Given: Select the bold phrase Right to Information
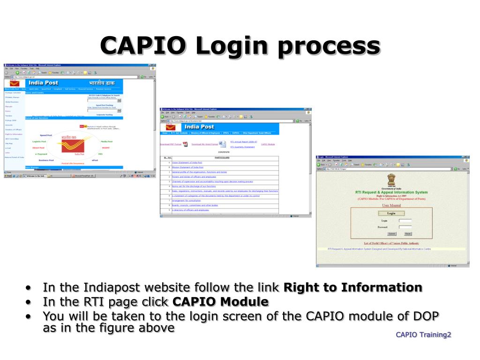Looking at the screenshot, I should point(353,287).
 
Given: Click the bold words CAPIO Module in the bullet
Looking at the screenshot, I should point(221,301).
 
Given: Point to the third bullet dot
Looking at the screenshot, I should point(29,316).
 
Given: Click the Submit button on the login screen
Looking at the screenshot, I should point(392,233).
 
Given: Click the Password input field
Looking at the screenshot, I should point(405,227).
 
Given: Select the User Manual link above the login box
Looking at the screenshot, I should point(391,205).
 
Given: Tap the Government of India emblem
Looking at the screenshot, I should point(391,180).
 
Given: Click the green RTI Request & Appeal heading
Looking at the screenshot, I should point(391,192).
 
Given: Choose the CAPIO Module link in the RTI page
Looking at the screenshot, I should point(268,144).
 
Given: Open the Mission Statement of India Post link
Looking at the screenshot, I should point(187,167).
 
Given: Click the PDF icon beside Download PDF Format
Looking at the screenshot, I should point(185,144).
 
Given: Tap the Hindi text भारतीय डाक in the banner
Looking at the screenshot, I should point(103,83).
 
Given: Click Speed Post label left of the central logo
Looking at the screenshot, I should point(46,135).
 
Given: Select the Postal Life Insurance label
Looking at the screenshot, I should point(73,163).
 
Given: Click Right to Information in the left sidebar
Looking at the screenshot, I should point(14,134).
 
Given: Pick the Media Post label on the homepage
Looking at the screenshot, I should point(107,141).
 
